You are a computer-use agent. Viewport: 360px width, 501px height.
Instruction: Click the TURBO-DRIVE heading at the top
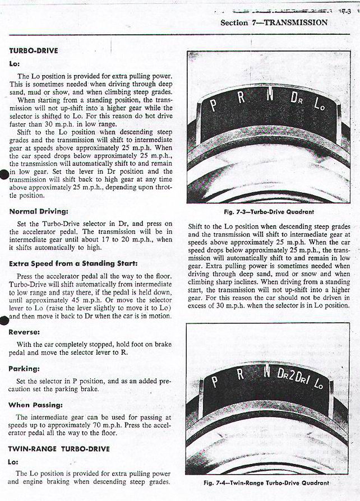[x=34, y=50]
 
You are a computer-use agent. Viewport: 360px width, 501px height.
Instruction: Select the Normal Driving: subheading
[x=39, y=212]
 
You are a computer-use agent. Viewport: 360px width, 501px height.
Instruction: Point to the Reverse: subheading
[x=24, y=332]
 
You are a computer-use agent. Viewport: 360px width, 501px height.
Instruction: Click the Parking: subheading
[x=24, y=369]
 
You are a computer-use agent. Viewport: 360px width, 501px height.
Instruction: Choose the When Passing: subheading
[x=35, y=405]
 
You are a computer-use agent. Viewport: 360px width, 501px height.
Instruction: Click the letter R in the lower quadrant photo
[x=240, y=375]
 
